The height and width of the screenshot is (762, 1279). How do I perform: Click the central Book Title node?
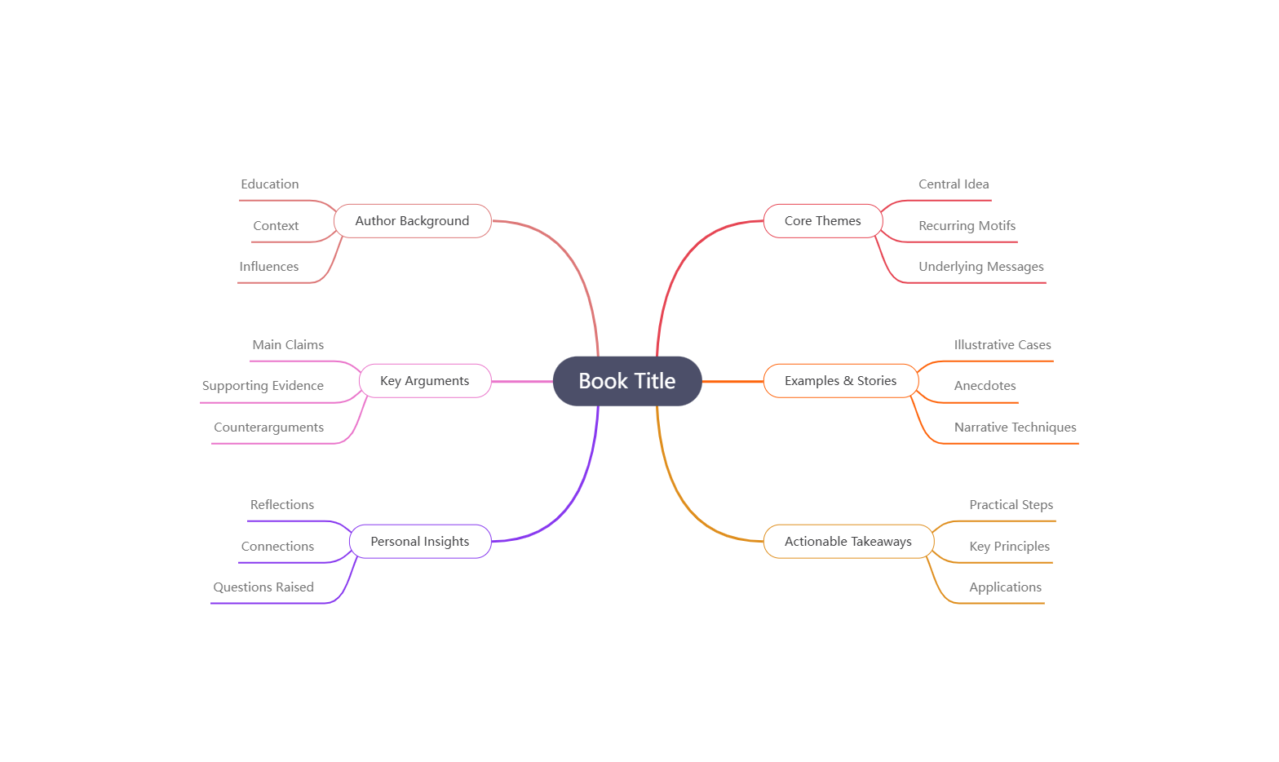626,381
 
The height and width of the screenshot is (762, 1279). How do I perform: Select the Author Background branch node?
412,221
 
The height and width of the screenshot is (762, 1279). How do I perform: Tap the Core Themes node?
822,221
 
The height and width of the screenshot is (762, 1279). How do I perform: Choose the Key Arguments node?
424,381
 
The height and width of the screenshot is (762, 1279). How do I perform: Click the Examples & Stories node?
840,381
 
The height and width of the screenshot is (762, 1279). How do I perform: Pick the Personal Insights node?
419,542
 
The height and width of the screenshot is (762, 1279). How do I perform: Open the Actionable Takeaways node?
848,542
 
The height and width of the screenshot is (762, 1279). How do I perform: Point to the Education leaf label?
269,184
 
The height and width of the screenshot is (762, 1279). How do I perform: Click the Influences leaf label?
268,267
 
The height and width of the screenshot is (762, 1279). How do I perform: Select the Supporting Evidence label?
263,386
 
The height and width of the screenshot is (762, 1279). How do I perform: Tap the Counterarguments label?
268,428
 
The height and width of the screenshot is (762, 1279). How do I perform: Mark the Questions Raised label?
263,587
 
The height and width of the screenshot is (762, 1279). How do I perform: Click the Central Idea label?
954,184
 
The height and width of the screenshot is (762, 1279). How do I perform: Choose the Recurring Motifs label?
967,226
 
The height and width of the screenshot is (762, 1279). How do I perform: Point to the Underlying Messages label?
980,267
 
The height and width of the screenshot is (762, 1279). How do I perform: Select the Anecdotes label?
985,386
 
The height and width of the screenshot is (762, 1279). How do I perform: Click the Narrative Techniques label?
1015,428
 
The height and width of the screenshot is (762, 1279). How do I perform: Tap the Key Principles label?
1009,547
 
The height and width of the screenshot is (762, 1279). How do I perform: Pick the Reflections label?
281,505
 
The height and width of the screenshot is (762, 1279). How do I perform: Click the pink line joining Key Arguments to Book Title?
522,381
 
